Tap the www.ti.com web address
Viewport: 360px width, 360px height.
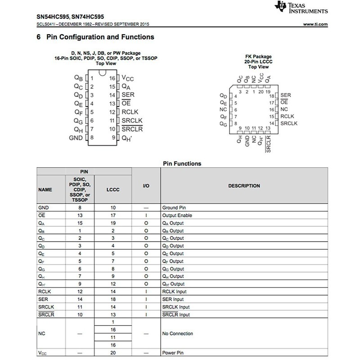click(x=315, y=24)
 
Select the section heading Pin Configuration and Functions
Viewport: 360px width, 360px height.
click(x=100, y=37)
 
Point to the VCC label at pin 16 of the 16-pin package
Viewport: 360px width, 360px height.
click(x=128, y=78)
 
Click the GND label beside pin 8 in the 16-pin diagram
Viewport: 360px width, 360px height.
click(x=76, y=138)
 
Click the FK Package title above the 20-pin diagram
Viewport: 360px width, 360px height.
click(x=258, y=57)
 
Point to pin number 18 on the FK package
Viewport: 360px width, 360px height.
click(x=271, y=96)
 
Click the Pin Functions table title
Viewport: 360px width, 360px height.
click(x=182, y=163)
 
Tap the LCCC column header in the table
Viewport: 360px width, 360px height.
click(x=113, y=189)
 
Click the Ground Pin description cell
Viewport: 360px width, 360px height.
click(x=174, y=208)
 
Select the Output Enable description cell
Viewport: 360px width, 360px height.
click(x=176, y=216)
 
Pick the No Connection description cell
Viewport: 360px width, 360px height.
click(x=177, y=333)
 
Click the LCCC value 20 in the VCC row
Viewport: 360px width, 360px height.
click(x=113, y=353)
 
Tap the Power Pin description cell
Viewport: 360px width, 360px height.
click(x=173, y=353)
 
